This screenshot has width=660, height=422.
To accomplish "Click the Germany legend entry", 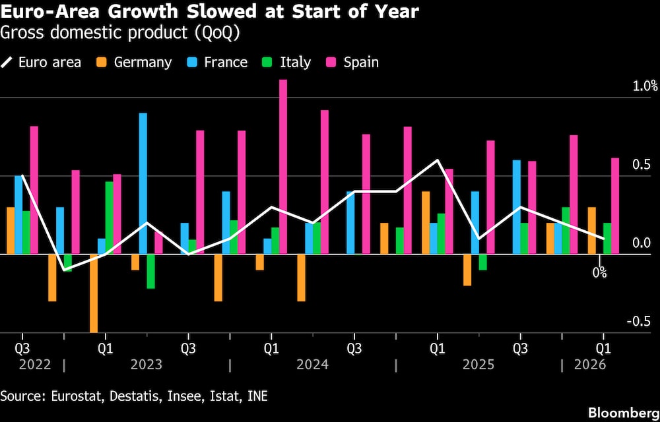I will [135, 63].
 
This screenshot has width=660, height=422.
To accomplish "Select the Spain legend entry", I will [352, 63].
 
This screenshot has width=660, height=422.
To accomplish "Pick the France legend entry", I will [217, 63].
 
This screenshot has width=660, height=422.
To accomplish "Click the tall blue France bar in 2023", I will [143, 183].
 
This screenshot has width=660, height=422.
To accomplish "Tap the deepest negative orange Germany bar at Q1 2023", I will [94, 293].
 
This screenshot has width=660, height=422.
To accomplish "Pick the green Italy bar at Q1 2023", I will [110, 218].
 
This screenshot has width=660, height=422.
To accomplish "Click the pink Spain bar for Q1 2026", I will [615, 206].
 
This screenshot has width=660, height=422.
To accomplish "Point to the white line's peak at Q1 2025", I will [437, 160].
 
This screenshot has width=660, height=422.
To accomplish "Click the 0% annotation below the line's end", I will [599, 272].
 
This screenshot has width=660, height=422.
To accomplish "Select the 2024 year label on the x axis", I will [313, 364].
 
